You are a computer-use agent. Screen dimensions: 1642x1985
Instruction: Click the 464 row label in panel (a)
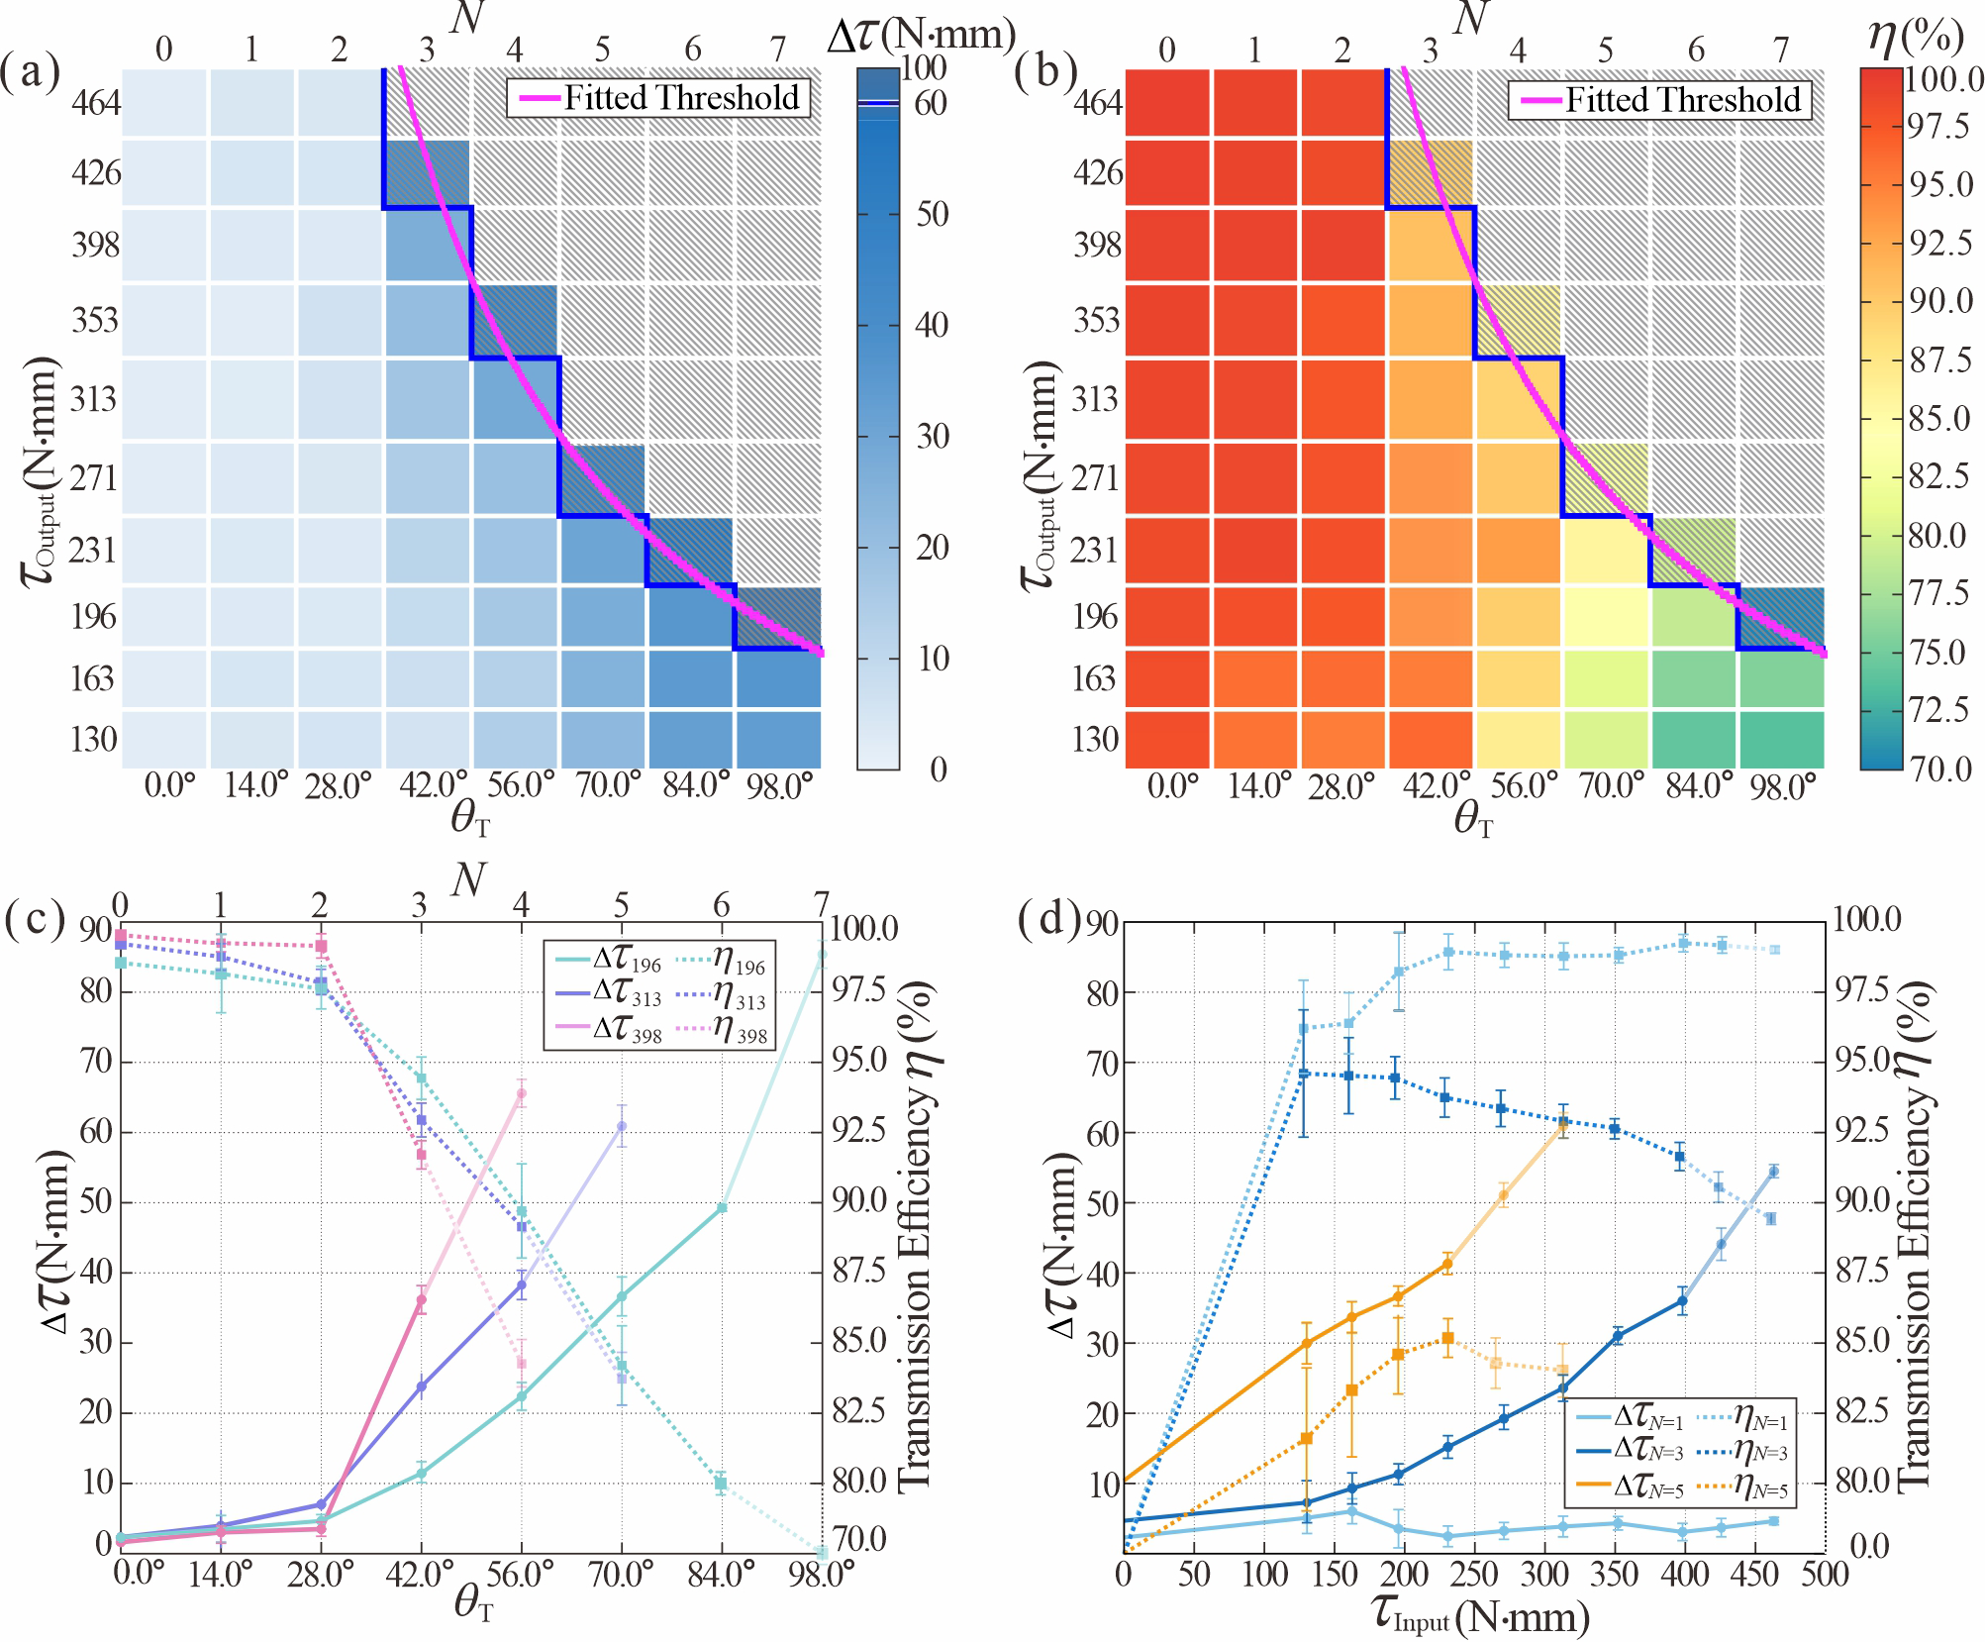click(x=95, y=103)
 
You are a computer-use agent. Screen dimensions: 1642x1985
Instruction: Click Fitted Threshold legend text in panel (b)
click(x=1682, y=100)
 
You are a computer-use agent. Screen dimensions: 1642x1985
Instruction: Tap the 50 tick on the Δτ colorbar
click(x=932, y=215)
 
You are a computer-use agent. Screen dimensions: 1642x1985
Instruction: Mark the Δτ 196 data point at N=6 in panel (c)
click(x=722, y=1207)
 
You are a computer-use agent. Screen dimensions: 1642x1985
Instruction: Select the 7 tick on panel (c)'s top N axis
click(x=821, y=904)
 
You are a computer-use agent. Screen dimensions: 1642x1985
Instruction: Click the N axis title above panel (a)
click(x=465, y=20)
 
